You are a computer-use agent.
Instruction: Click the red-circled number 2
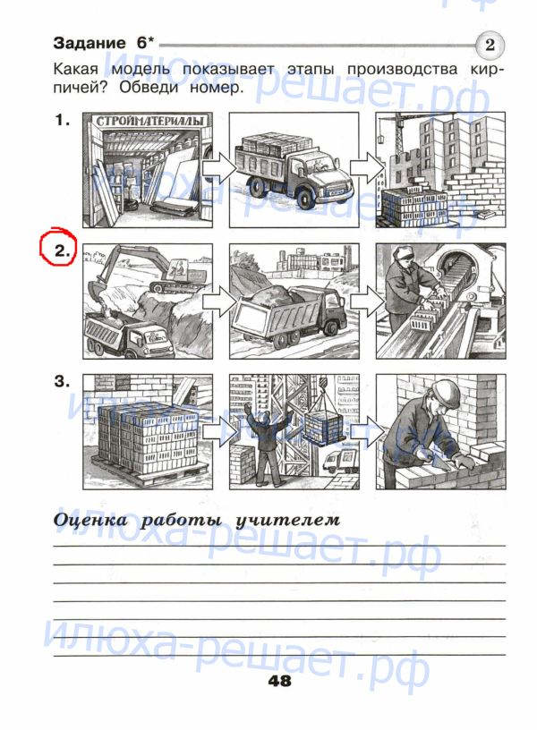coord(62,251)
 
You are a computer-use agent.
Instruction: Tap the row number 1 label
coord(62,121)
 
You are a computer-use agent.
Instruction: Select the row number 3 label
coord(62,381)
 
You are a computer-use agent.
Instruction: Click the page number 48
coord(279,681)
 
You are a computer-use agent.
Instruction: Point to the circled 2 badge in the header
coord(490,45)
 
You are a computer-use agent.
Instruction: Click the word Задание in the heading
coord(89,43)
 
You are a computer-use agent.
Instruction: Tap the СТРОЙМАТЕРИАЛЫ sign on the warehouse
coord(150,121)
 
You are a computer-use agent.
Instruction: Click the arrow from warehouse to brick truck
coord(219,169)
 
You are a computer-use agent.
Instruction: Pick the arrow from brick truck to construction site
coord(368,169)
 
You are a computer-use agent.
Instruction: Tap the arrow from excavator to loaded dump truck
coord(219,301)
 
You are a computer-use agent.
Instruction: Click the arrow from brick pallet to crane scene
coord(219,431)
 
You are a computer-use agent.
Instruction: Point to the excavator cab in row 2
coord(179,270)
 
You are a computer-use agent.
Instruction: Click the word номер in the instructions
coord(217,87)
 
